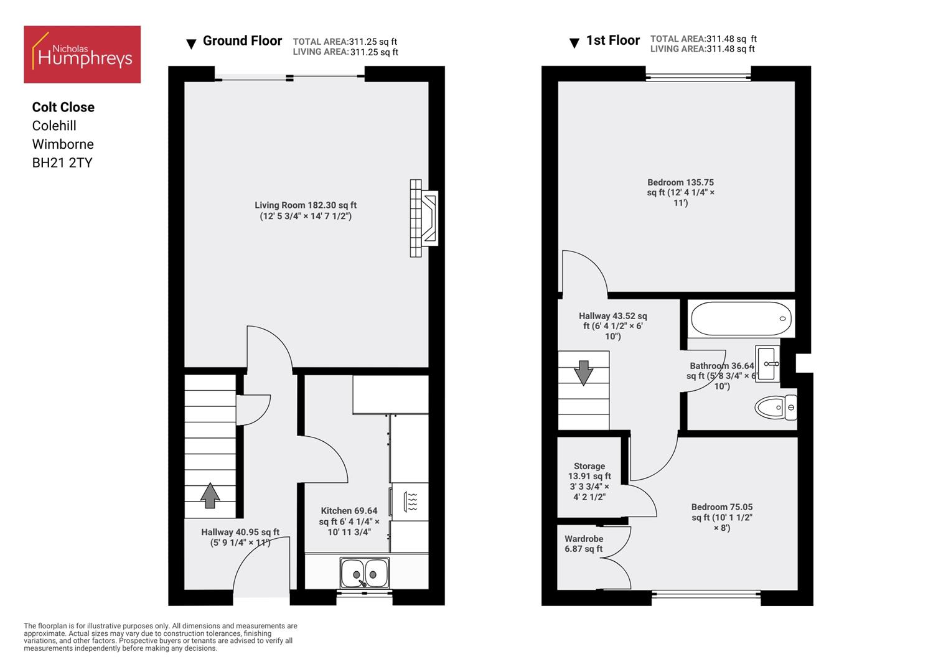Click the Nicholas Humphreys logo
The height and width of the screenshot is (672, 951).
click(82, 55)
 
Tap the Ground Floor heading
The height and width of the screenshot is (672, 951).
click(242, 41)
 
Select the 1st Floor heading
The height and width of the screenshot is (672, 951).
click(612, 40)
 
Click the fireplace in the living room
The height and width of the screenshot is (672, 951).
click(424, 218)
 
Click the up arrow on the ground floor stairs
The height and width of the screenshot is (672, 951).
click(210, 495)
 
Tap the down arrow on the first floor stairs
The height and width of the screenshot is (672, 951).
click(584, 372)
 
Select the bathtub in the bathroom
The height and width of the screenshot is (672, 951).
click(741, 319)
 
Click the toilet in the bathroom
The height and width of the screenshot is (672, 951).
click(775, 408)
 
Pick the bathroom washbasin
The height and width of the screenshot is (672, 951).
click(768, 363)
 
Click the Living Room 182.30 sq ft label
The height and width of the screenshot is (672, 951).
click(306, 210)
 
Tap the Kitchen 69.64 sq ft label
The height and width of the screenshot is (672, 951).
click(349, 521)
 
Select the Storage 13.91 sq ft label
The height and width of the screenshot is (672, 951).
click(589, 481)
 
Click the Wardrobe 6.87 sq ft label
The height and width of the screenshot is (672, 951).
click(584, 544)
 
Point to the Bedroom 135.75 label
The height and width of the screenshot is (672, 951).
click(680, 192)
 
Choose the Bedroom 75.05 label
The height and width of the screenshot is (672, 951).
click(722, 517)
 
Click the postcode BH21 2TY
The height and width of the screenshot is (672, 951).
click(62, 163)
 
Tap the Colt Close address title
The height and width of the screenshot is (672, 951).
click(63, 107)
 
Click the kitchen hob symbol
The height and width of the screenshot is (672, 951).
click(411, 502)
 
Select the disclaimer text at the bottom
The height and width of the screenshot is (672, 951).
click(161, 637)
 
